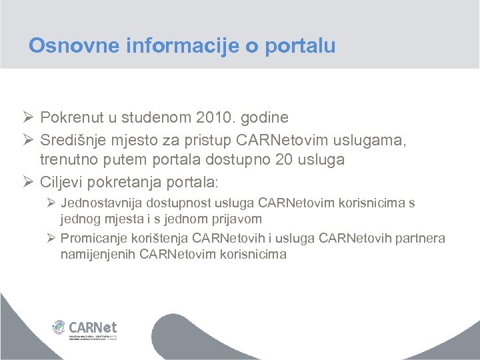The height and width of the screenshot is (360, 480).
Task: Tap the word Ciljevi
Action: tap(62, 182)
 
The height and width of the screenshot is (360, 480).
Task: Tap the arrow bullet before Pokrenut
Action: tap(29, 118)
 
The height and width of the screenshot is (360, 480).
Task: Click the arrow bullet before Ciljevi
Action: tap(29, 182)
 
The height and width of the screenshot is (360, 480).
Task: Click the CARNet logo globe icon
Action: tap(59, 328)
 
